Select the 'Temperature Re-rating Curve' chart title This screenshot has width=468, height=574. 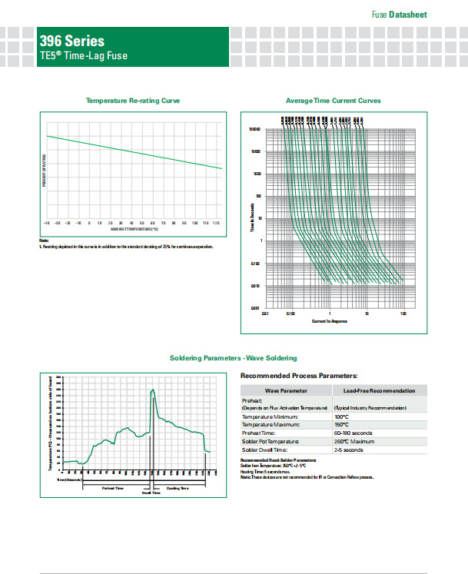[x=133, y=101]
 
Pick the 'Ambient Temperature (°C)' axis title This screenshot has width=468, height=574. [x=134, y=229]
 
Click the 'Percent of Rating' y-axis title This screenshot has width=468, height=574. [x=45, y=170]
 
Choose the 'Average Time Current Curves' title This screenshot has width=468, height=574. [x=333, y=101]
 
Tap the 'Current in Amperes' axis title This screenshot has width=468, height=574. [x=329, y=320]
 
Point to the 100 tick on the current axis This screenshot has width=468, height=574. [x=403, y=314]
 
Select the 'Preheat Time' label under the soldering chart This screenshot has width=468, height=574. [x=114, y=489]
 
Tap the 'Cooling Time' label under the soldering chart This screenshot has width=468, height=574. [x=177, y=489]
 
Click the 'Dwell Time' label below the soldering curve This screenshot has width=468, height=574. [x=151, y=493]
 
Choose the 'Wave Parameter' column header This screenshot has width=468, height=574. [x=285, y=391]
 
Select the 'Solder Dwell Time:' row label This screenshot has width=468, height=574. [x=270, y=450]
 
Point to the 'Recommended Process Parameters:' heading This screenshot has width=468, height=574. [x=299, y=376]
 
